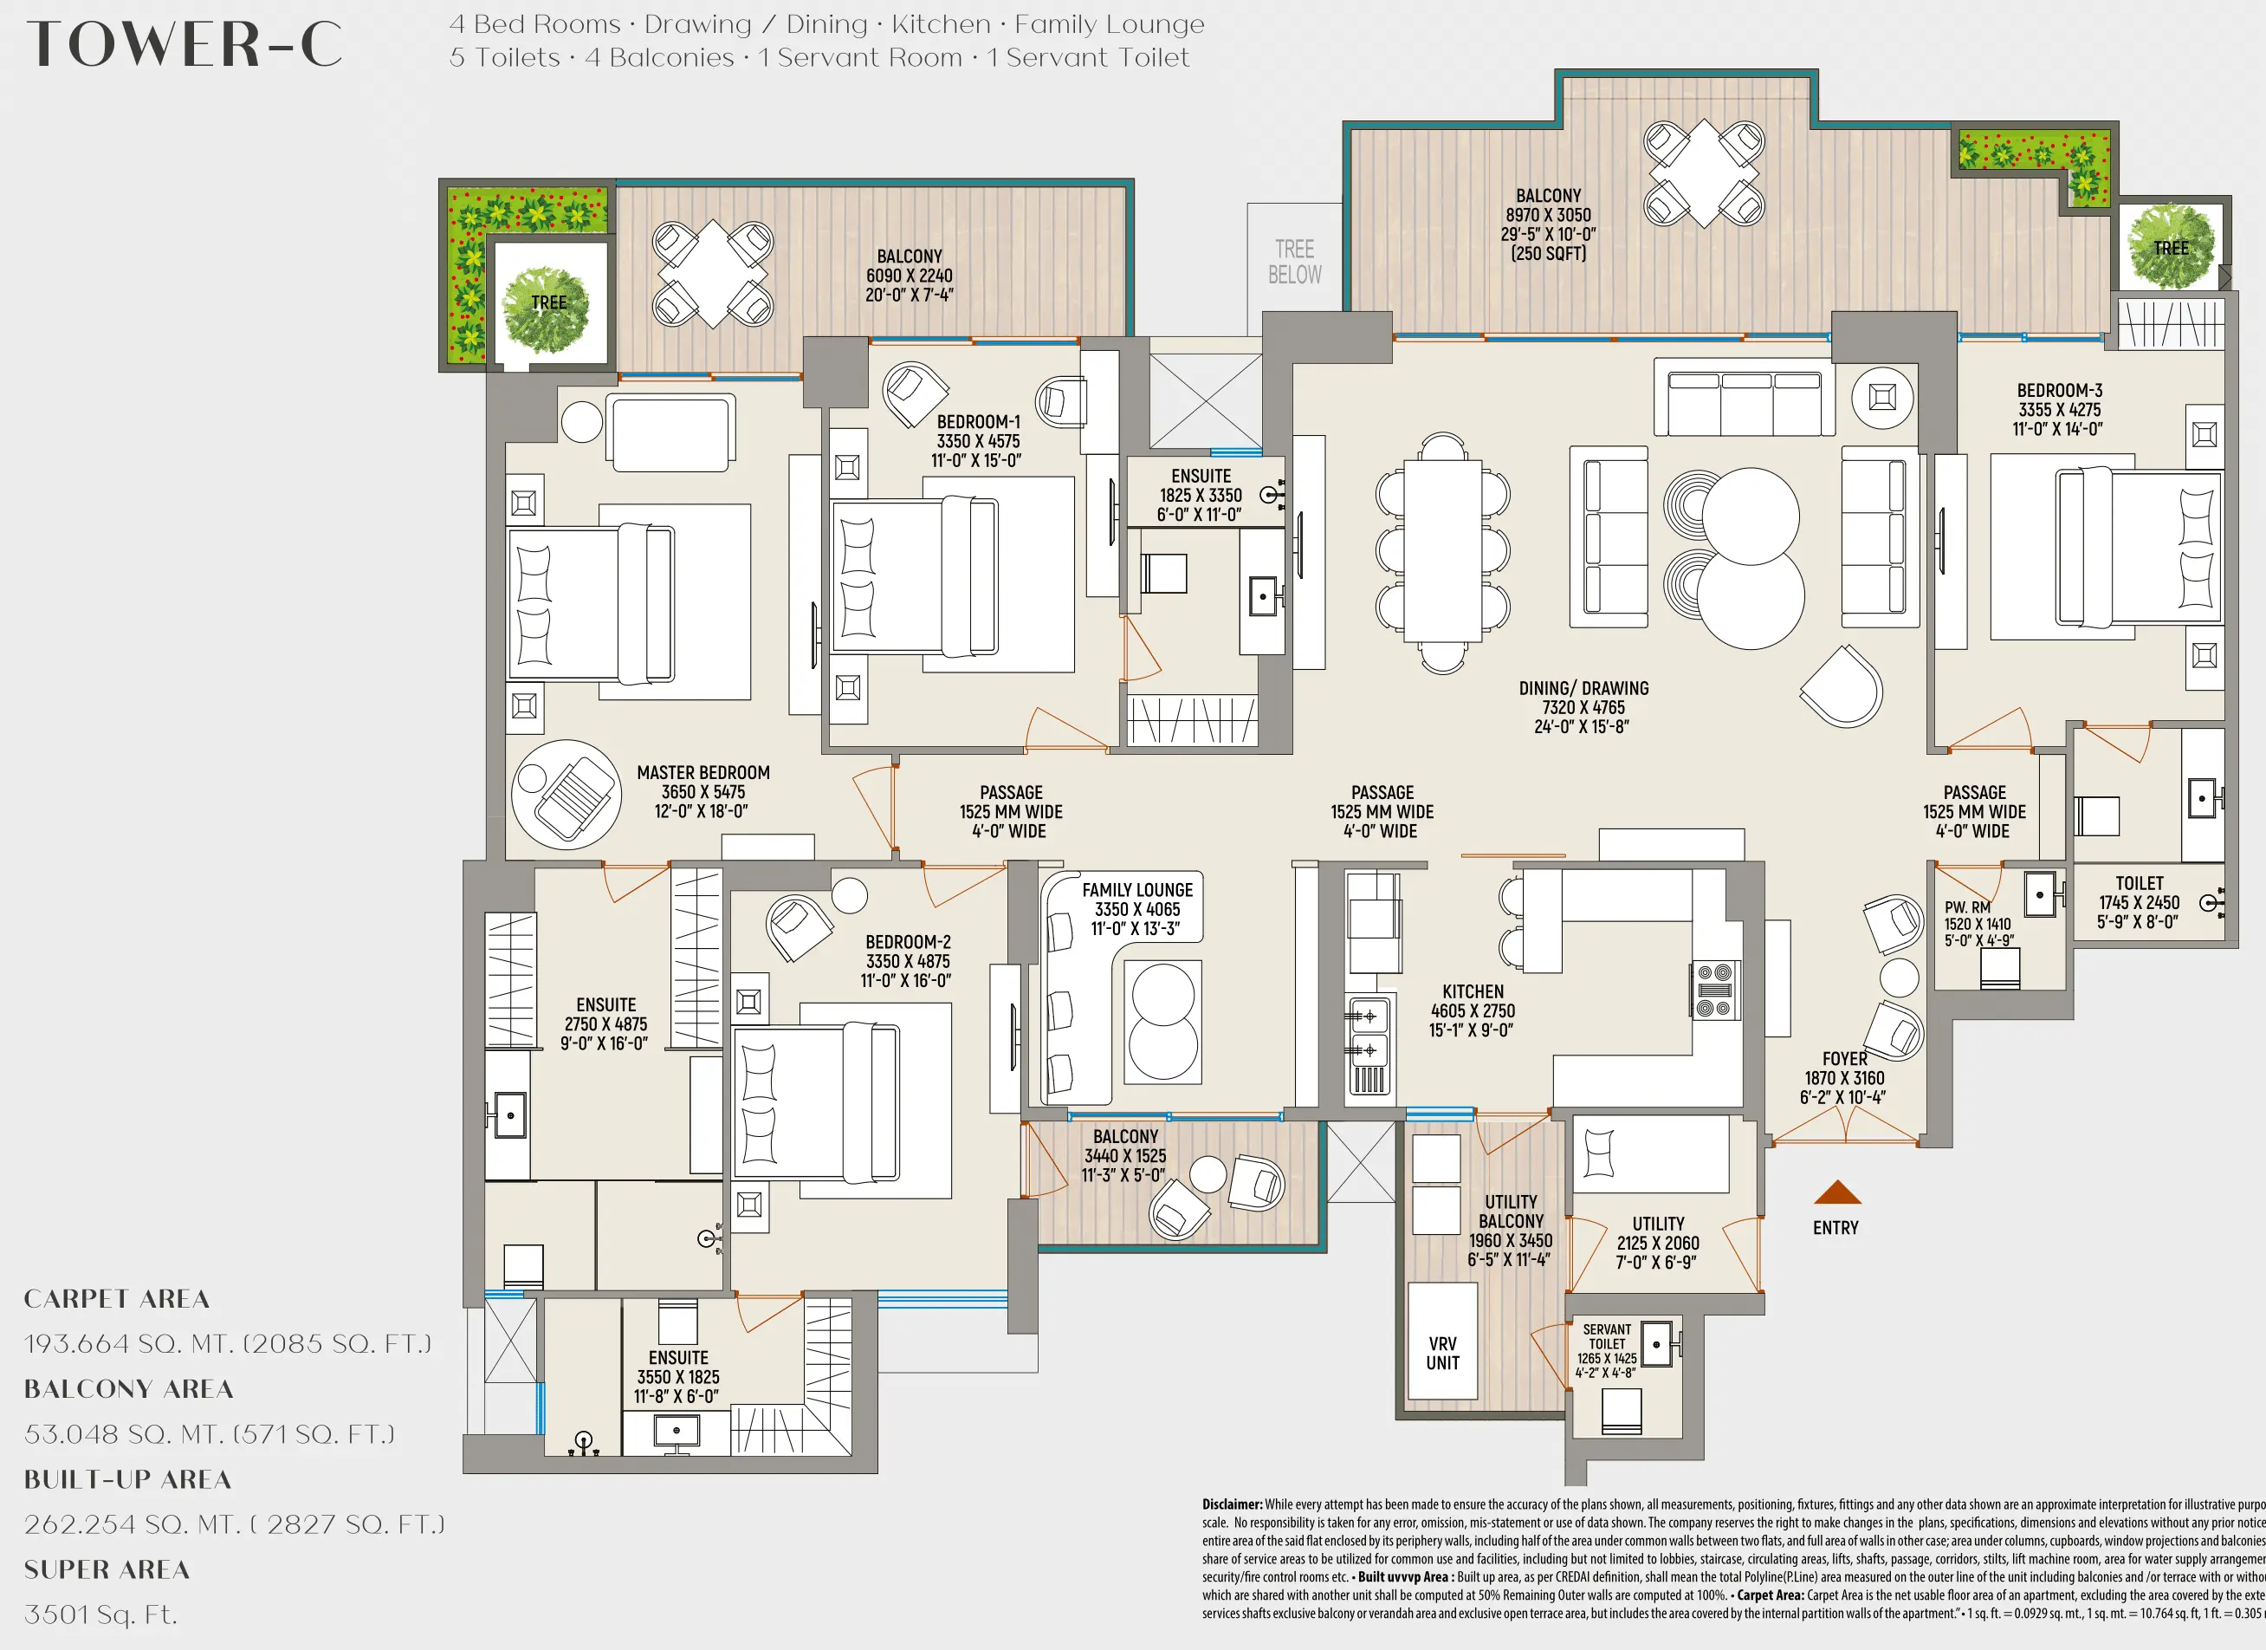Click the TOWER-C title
(185, 45)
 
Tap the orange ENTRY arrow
(1836, 1192)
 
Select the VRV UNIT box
(1441, 1353)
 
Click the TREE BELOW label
(1294, 262)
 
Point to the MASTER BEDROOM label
(703, 772)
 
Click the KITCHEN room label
(1473, 991)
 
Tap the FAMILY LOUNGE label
(1137, 889)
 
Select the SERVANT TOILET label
(1607, 1336)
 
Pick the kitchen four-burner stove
(1714, 990)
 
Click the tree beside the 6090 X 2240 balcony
(547, 308)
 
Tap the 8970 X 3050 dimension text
(1549, 215)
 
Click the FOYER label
(1844, 1058)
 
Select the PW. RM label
(1967, 907)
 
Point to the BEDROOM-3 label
(2059, 391)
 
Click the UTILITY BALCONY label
(1511, 1212)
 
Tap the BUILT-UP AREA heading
(128, 1479)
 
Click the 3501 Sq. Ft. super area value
(100, 1614)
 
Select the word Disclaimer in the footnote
(1232, 1504)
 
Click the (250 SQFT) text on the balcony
(1549, 254)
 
